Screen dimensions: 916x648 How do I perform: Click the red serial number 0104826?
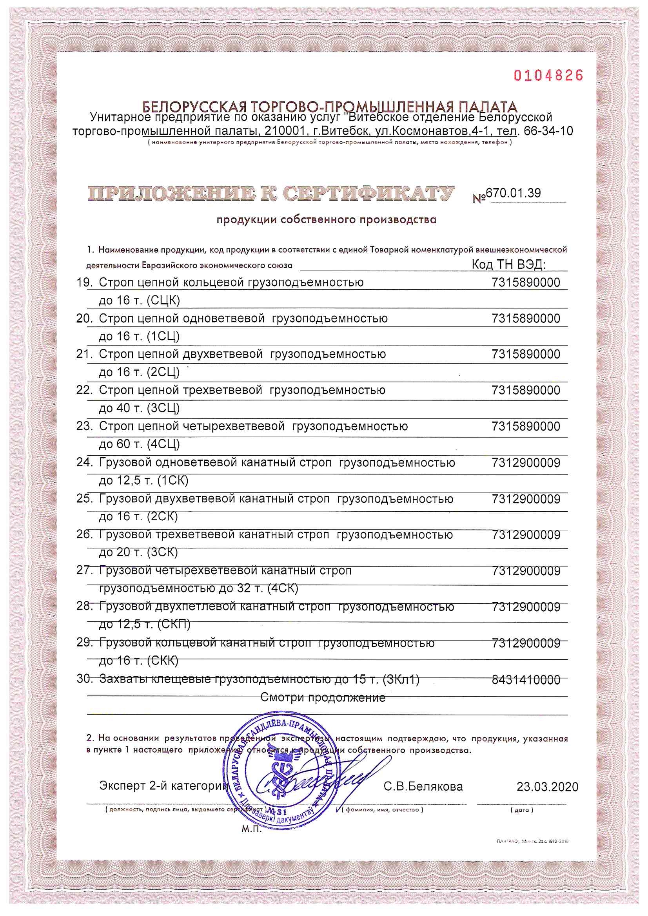(x=548, y=75)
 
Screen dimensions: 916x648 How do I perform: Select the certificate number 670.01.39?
(x=514, y=193)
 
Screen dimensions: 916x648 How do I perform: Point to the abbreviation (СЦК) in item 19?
(x=163, y=301)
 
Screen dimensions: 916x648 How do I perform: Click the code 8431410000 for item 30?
(x=526, y=679)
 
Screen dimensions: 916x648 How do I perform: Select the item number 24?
(x=84, y=462)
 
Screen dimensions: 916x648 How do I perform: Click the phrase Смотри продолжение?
(x=323, y=697)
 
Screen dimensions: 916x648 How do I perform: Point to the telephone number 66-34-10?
(x=548, y=131)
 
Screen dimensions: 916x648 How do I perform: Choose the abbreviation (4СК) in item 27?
(x=283, y=588)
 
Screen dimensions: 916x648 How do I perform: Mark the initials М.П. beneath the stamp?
(x=252, y=829)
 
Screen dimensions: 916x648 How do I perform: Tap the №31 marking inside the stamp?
(x=276, y=812)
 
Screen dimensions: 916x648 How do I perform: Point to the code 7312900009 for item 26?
(x=526, y=535)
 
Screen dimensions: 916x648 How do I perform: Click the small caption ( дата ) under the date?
(x=522, y=810)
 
